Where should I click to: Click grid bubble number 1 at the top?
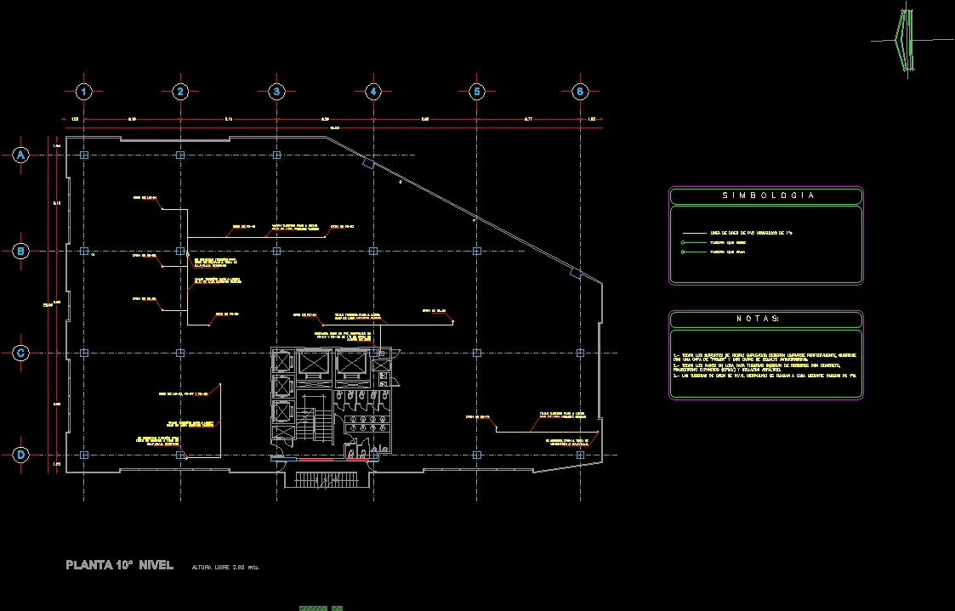tap(83, 92)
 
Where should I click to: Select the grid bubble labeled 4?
tap(372, 92)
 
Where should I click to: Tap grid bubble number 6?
tap(580, 92)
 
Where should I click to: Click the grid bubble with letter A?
tap(21, 155)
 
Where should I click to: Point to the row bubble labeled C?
tap(21, 353)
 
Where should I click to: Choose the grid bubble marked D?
tap(21, 455)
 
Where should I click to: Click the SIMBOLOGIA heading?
tap(767, 195)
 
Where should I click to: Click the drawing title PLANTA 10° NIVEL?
tap(120, 565)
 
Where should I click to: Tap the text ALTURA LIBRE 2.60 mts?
tap(225, 567)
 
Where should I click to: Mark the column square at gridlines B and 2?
tap(179, 251)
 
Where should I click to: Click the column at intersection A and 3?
tap(276, 156)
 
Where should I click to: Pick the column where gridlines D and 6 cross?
tap(580, 455)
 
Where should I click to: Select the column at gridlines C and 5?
tap(476, 353)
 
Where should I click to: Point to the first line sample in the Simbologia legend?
tap(694, 232)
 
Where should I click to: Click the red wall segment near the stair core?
tap(316, 460)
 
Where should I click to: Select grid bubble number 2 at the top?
tap(179, 92)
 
